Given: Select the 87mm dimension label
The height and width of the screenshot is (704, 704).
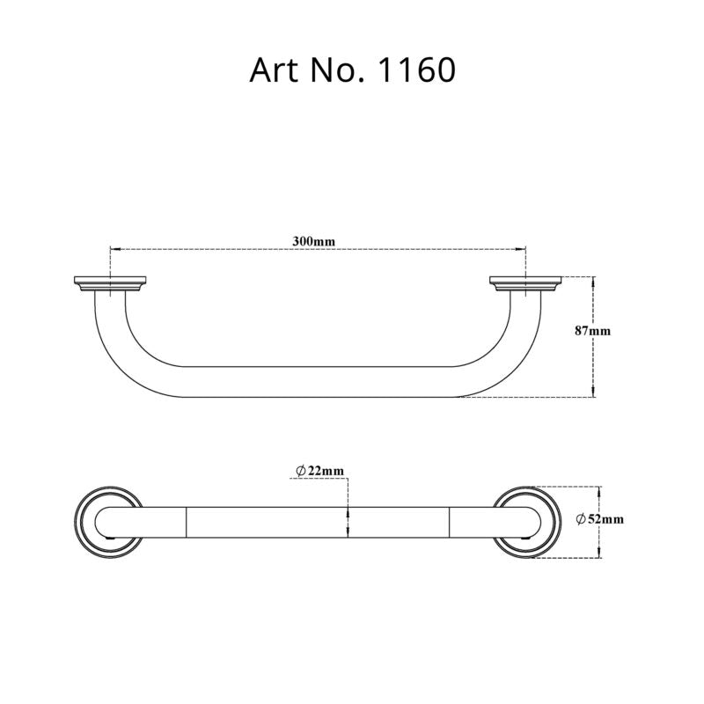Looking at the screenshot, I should [592, 331].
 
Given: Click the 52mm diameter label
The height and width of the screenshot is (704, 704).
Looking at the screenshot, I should [604, 520].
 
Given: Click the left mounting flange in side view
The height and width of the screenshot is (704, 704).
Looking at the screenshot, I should [109, 284].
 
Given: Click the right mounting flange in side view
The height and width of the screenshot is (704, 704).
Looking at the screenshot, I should [525, 284].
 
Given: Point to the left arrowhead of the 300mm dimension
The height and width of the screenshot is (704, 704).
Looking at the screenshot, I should [114, 249].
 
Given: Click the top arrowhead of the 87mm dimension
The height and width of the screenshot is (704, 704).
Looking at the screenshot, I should [594, 282].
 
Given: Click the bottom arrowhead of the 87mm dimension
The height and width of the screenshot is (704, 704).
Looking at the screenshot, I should [594, 390].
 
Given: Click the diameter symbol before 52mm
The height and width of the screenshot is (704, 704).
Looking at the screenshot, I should [582, 520].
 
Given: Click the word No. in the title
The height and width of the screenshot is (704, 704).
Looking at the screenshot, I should [333, 70].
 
